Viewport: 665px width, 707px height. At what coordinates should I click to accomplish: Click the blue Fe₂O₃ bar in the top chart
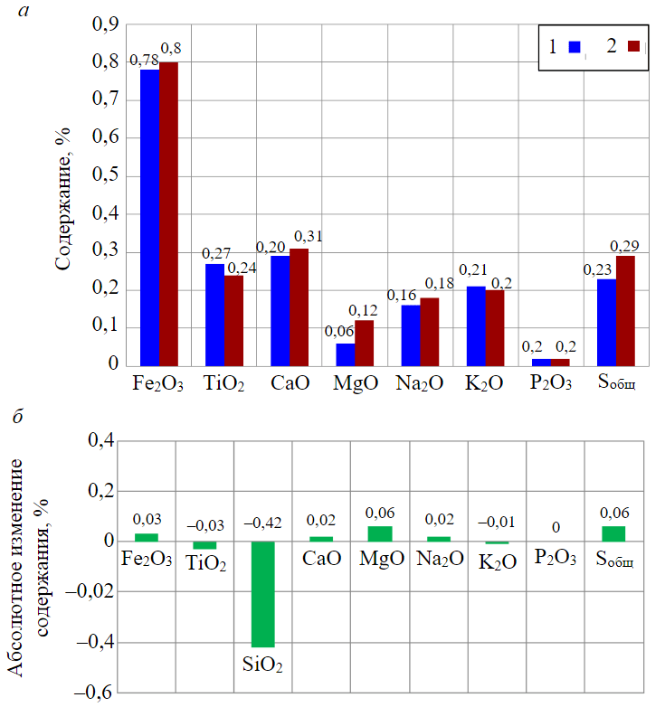[x=149, y=217]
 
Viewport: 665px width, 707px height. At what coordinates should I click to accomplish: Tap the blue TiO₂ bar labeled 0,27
[x=214, y=314]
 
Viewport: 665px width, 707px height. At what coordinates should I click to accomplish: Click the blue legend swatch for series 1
[x=574, y=47]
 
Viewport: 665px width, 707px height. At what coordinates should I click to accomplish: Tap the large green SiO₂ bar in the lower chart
[x=262, y=593]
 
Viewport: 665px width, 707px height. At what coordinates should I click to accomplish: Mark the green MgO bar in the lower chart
[x=380, y=533]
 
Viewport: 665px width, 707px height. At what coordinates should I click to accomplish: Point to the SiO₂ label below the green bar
[x=262, y=666]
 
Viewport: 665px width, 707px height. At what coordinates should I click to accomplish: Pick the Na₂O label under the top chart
[x=420, y=383]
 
